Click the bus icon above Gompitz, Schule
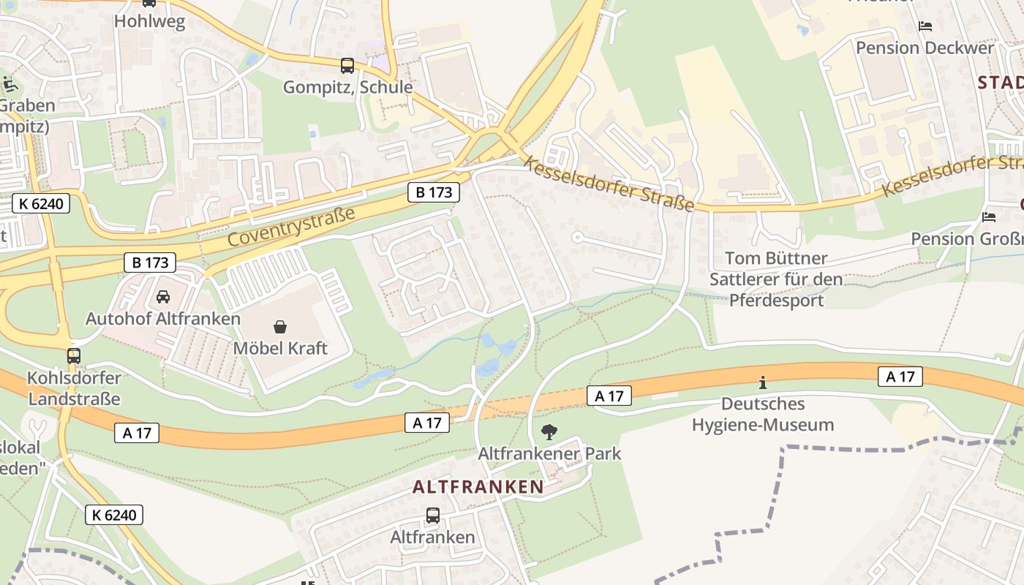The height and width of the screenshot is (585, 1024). click(x=347, y=66)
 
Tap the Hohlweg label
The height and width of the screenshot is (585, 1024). click(x=149, y=21)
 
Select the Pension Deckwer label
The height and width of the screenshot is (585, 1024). click(x=925, y=48)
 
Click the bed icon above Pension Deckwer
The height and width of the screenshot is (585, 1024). click(x=925, y=26)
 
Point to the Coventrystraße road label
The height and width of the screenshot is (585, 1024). click(x=291, y=227)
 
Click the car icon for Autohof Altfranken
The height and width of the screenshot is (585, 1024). click(x=163, y=297)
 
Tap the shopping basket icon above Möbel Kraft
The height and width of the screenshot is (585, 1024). click(x=280, y=326)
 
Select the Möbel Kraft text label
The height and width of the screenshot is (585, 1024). click(x=280, y=348)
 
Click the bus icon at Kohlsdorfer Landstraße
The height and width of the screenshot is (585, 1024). click(x=74, y=356)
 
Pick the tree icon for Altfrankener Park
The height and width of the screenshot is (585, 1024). click(x=549, y=432)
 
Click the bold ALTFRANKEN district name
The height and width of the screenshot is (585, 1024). click(x=478, y=487)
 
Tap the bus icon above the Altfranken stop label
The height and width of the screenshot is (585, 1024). click(x=433, y=516)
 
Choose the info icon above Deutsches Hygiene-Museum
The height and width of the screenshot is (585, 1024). click(x=763, y=382)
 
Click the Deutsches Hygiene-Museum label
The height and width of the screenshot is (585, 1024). click(x=763, y=414)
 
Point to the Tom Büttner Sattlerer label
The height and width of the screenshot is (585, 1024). click(x=776, y=279)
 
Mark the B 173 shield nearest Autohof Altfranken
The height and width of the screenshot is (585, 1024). click(x=151, y=263)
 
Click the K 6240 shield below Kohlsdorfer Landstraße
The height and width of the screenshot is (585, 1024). click(x=114, y=515)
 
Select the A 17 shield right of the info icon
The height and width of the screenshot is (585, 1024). click(x=900, y=377)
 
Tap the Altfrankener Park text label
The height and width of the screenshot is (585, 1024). click(x=549, y=453)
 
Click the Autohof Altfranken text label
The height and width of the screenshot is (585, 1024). click(x=163, y=319)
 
